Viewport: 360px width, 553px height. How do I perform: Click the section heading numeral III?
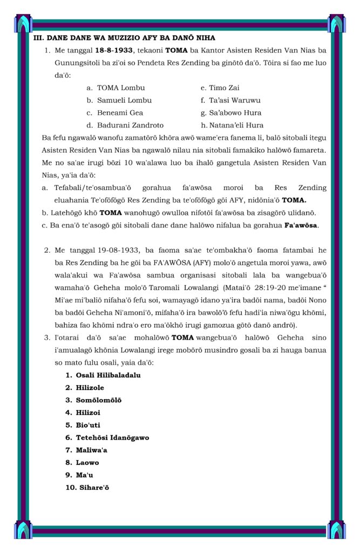point(38,38)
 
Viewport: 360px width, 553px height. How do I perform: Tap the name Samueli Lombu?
point(124,100)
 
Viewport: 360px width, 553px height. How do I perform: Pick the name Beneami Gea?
point(120,113)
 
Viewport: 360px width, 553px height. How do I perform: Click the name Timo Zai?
point(224,87)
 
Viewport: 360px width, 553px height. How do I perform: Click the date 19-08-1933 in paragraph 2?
point(119,250)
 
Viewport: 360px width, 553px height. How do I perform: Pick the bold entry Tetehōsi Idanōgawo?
point(112,437)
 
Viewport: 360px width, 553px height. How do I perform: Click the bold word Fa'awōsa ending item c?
point(301,225)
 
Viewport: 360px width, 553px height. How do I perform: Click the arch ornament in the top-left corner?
point(24,23)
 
